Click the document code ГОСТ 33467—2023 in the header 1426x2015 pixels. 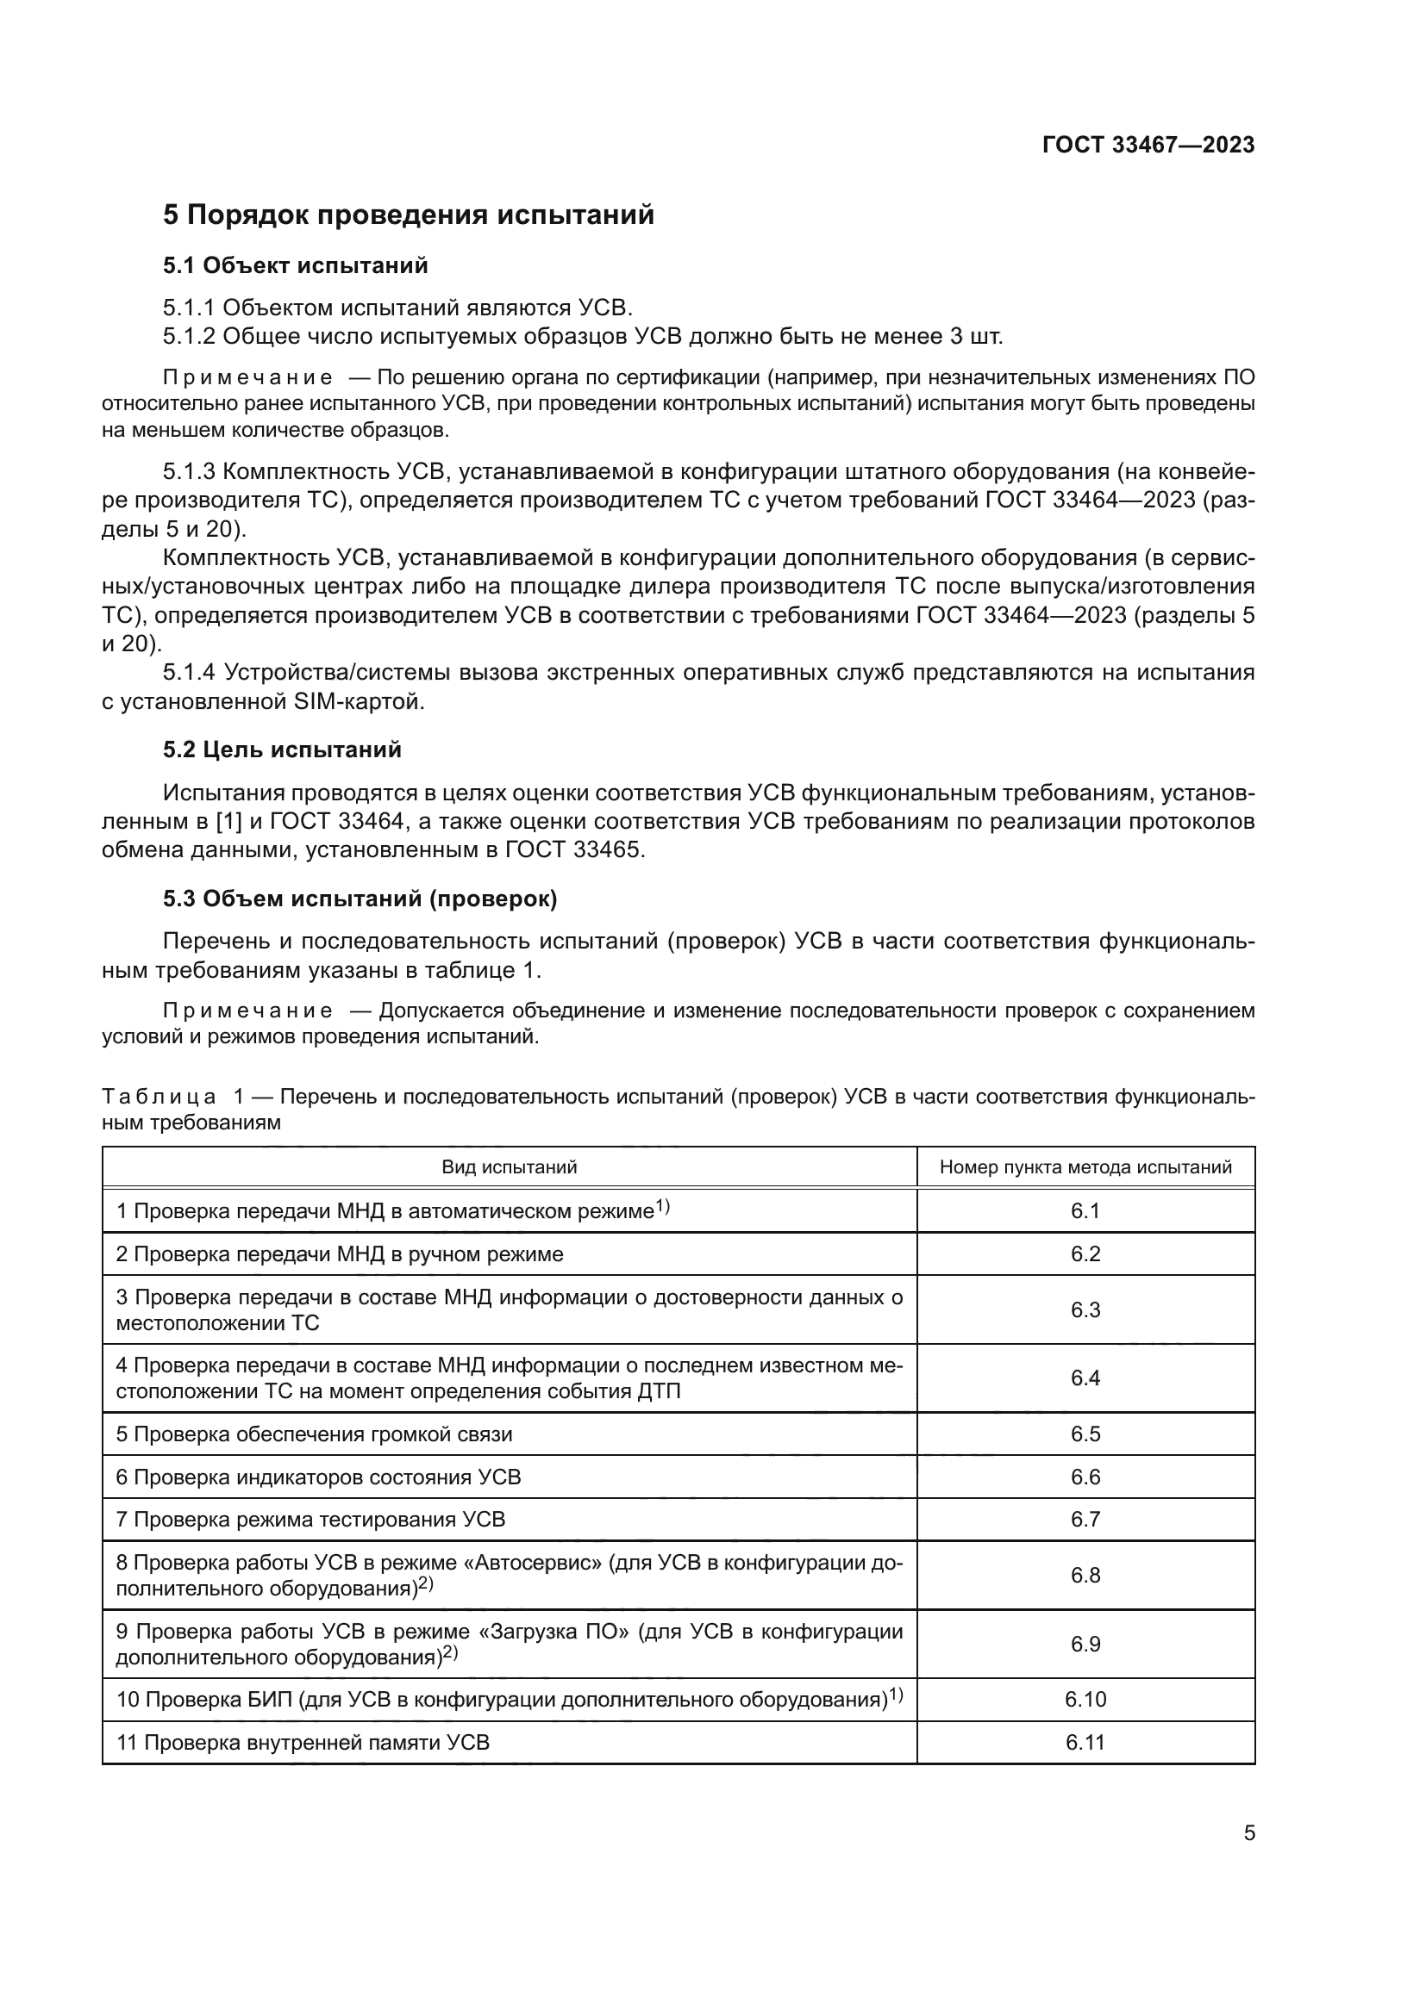[x=1148, y=146]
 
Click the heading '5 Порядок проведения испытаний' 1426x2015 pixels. [x=409, y=215]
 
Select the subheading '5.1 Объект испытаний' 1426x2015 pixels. [x=295, y=266]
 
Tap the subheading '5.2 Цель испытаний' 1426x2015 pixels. [x=282, y=749]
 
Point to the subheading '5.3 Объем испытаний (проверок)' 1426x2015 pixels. [x=360, y=899]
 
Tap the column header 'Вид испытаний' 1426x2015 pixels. [x=510, y=1167]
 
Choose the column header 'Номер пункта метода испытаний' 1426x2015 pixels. [x=1085, y=1167]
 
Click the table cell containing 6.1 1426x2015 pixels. [x=1085, y=1211]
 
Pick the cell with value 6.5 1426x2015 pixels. [x=1085, y=1434]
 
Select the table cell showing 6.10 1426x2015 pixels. [x=1085, y=1700]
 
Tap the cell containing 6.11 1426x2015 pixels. [x=1085, y=1743]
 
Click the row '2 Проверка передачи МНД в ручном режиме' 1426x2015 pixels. [x=340, y=1254]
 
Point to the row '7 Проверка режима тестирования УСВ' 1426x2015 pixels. [x=311, y=1520]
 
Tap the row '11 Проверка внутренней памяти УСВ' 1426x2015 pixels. [x=303, y=1743]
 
